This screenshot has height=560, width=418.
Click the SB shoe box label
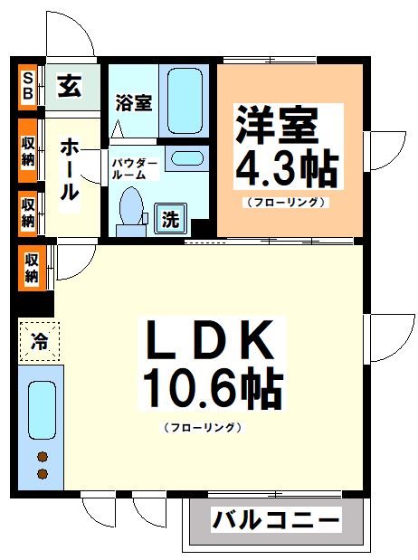point(28,87)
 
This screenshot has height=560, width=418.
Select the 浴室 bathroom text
point(134,102)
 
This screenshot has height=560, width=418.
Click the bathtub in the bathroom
point(185,100)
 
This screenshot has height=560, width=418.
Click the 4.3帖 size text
point(287,167)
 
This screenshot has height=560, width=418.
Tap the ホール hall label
point(71,169)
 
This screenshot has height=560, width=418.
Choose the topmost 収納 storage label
point(28,150)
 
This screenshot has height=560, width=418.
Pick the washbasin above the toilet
point(186,158)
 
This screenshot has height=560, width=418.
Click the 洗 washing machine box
point(170,217)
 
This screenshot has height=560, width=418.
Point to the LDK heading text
point(210,343)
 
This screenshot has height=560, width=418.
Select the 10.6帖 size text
point(210,389)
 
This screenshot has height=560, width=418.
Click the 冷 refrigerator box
point(39,342)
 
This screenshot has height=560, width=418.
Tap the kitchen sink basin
point(41,409)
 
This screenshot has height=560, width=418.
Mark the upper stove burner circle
point(41,457)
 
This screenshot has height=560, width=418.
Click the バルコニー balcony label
point(276,521)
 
